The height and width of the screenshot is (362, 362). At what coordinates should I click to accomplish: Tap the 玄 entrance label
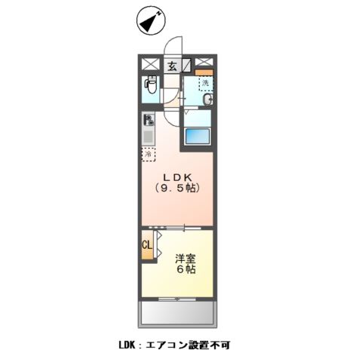[172, 66]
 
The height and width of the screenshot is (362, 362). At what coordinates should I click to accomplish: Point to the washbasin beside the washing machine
[207, 100]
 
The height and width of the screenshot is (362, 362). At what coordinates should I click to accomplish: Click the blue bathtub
[197, 137]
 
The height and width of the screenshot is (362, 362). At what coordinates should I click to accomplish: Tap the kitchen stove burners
[148, 119]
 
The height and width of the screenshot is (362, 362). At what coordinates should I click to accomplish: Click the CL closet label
[147, 244]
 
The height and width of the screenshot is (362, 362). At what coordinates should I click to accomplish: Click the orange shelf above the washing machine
[204, 72]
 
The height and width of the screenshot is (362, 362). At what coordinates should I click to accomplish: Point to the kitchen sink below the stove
[148, 137]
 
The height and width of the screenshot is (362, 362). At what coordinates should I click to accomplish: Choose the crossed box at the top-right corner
[204, 63]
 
